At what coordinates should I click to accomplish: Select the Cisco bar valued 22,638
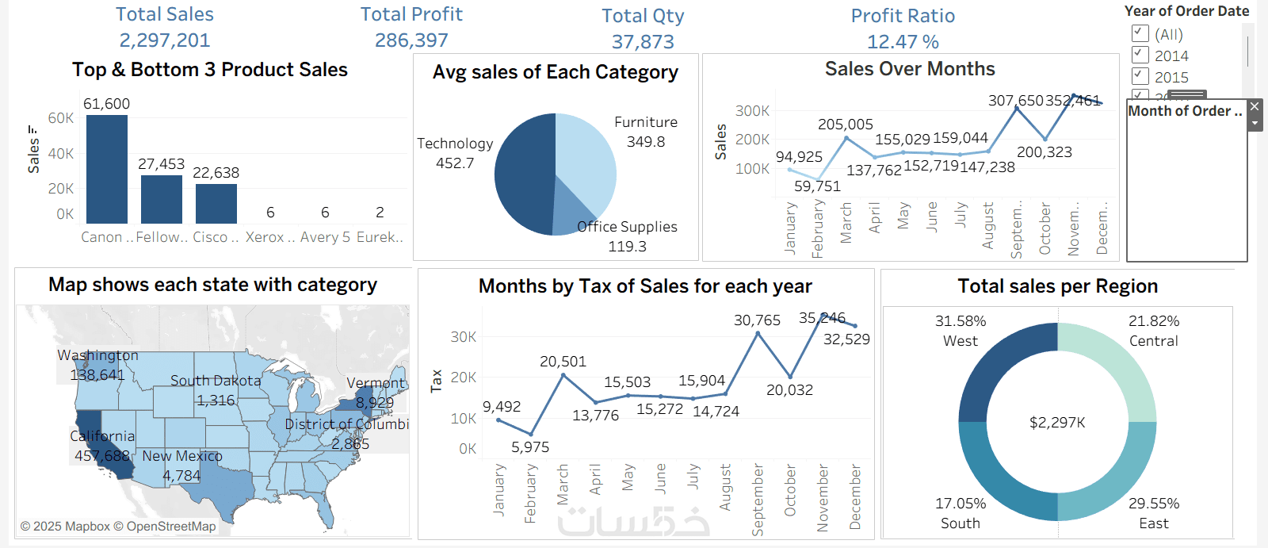[x=216, y=204]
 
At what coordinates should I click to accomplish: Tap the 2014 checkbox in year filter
[x=1140, y=55]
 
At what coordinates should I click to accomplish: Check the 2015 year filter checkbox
[x=1140, y=76]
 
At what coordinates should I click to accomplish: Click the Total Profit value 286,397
[x=411, y=40]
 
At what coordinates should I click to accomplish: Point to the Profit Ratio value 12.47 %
[x=903, y=42]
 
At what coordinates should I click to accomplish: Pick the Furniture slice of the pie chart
[x=586, y=159]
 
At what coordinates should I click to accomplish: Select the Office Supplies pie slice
[x=570, y=210]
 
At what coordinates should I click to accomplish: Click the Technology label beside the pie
[x=455, y=144]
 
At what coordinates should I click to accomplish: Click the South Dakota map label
[x=216, y=381]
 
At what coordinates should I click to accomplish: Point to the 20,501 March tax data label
[x=563, y=362]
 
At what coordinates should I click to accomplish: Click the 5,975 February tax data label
[x=530, y=447]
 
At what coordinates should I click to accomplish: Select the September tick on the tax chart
[x=758, y=500]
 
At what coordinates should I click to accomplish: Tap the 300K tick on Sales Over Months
[x=752, y=111]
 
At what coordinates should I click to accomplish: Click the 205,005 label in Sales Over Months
[x=846, y=125]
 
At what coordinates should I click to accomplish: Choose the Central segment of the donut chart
[x=1117, y=365]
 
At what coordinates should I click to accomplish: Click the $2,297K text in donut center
[x=1057, y=423]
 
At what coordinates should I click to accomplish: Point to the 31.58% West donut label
[x=961, y=321]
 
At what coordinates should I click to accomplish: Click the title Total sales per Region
[x=1057, y=286]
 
